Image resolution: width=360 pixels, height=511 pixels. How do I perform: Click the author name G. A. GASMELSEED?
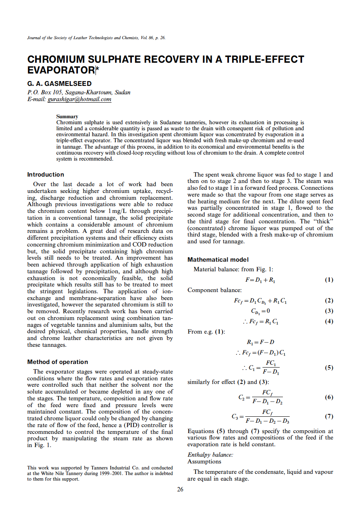59,84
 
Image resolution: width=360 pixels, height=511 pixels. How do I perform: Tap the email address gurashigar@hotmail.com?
79,99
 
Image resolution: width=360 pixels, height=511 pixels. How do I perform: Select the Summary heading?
67,117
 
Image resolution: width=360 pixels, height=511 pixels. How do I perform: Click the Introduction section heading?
46,175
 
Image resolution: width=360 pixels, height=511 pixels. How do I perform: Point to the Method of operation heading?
58,362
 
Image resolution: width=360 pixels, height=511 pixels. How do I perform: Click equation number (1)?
328,280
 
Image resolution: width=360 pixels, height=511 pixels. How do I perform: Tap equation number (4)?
328,321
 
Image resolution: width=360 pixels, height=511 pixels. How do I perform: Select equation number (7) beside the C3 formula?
328,416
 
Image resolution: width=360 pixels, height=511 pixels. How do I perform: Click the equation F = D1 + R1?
260,280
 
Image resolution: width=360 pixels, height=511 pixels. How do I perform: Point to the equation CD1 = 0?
261,311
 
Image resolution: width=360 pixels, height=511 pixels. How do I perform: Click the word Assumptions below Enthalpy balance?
204,461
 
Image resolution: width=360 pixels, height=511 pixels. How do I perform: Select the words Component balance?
214,290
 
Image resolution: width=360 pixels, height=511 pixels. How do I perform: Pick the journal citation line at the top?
96,38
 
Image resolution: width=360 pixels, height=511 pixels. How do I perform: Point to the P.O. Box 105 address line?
79,92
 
